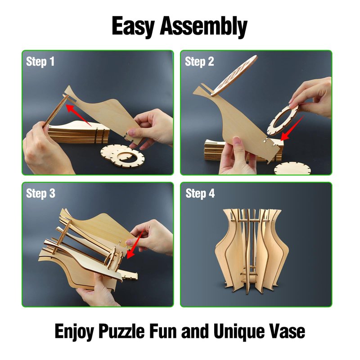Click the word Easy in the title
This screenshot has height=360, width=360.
[x=133, y=27]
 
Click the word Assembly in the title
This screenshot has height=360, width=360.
[x=203, y=27]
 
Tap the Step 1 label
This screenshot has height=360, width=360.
[x=40, y=62]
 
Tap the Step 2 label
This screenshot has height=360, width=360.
[x=199, y=62]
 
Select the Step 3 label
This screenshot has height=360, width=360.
[x=40, y=193]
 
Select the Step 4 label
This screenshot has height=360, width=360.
[x=200, y=193]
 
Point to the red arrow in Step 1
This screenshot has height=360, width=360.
[x=78, y=115]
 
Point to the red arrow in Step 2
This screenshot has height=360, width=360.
[x=292, y=129]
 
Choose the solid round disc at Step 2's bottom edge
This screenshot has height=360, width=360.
[x=292, y=169]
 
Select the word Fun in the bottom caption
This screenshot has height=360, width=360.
[x=163, y=331]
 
